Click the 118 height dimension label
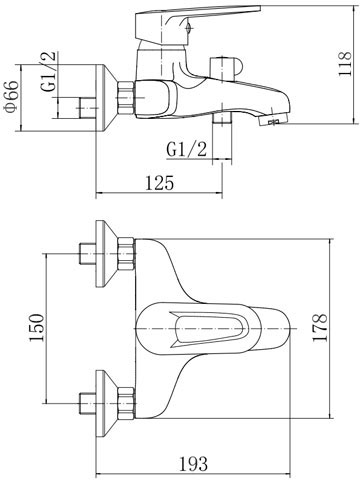[345, 64]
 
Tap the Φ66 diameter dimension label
[11, 97]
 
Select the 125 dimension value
[160, 183]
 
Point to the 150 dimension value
[37, 328]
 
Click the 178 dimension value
[320, 328]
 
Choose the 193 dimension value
[193, 463]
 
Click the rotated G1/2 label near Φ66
[49, 72]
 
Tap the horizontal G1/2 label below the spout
[187, 149]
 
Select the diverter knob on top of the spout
[226, 69]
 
